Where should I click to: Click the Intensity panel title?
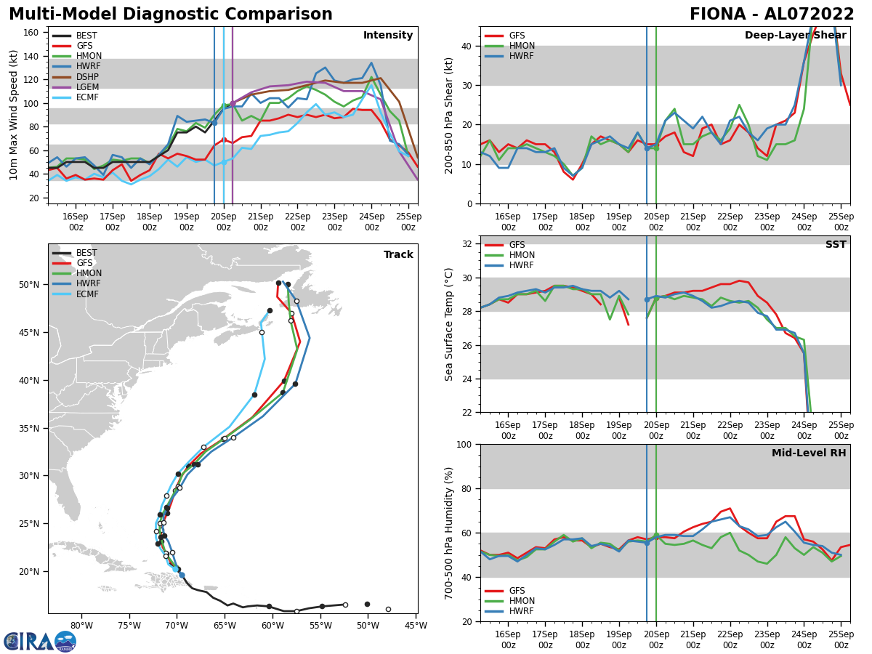click(388, 36)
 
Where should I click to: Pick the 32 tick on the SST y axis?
click(468, 244)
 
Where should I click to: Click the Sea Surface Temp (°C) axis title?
click(450, 324)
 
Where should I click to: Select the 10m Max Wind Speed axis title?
click(15, 115)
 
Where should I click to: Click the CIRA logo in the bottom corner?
click(40, 641)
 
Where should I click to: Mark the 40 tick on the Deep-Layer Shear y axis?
click(468, 46)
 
